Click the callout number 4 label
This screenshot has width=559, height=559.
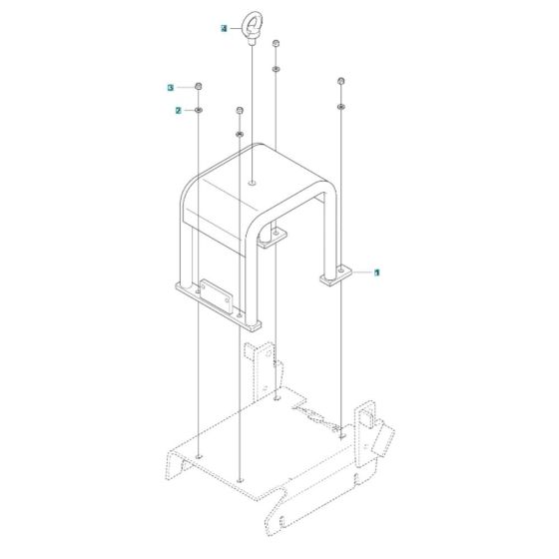tap(226, 30)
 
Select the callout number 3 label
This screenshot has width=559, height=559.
tap(171, 89)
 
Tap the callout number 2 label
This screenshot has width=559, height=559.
tap(178, 110)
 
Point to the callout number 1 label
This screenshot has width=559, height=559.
tap(377, 272)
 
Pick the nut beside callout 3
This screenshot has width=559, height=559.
tap(200, 89)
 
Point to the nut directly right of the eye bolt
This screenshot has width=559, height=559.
tap(275, 45)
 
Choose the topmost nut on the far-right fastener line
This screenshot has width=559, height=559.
tap(341, 81)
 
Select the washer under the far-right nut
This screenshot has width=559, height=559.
tap(341, 103)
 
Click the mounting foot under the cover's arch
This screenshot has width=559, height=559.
tap(271, 240)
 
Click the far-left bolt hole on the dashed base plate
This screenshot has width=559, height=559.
tap(200, 456)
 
